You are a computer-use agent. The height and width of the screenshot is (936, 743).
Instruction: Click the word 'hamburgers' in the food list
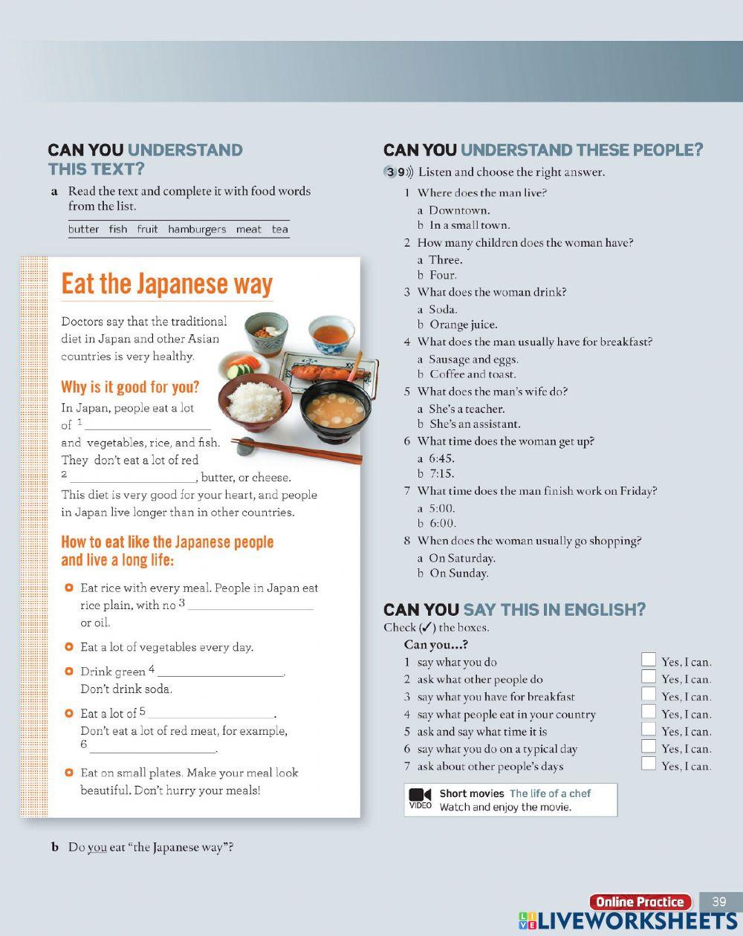click(x=197, y=230)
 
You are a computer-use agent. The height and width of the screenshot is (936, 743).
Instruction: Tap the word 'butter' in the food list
click(x=83, y=230)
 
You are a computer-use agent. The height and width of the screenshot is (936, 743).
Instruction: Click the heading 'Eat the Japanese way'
click(x=167, y=284)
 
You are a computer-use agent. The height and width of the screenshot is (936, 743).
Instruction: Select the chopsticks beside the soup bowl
click(x=297, y=449)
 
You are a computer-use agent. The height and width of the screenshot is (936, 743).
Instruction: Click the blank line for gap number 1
click(x=149, y=426)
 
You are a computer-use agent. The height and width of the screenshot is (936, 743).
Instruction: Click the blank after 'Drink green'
click(x=221, y=672)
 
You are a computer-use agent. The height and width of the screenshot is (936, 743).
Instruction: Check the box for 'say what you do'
click(x=649, y=660)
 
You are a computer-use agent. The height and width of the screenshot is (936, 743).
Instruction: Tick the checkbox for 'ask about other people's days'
click(x=649, y=764)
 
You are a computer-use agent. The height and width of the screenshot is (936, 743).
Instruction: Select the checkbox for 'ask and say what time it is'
click(x=649, y=729)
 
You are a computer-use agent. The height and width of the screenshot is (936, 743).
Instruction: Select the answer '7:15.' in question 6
click(x=441, y=474)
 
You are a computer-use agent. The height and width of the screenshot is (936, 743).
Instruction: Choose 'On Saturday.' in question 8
click(x=461, y=559)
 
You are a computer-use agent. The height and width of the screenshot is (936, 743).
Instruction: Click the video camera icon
click(x=421, y=795)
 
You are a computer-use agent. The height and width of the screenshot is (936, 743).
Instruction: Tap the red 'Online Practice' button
click(x=640, y=902)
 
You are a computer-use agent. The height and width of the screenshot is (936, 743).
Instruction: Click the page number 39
click(x=718, y=901)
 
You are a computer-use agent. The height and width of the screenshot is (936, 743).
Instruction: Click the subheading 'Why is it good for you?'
click(x=130, y=387)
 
